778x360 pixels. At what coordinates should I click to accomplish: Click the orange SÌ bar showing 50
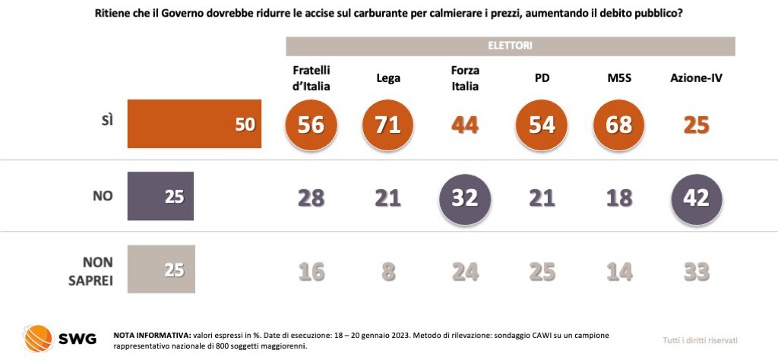click(x=194, y=124)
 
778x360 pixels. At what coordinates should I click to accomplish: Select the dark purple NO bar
click(x=161, y=197)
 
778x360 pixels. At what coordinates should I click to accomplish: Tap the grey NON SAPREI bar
click(x=161, y=269)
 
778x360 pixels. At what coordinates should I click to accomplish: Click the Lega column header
click(x=387, y=77)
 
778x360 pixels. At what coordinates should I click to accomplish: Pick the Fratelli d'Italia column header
click(x=311, y=77)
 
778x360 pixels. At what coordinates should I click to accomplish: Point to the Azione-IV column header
click(x=696, y=77)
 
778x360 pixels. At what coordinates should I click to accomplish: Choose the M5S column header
click(x=619, y=77)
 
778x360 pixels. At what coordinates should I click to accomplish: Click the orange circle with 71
click(x=387, y=125)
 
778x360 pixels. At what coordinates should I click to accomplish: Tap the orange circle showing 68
click(x=619, y=125)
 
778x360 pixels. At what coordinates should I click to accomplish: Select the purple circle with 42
click(x=696, y=197)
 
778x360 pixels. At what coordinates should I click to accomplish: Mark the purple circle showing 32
click(x=464, y=197)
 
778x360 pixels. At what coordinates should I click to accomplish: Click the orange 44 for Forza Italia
click(x=464, y=125)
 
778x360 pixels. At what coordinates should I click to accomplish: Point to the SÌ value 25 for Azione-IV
click(x=696, y=125)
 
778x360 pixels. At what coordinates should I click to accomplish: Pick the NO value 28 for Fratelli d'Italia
click(x=311, y=197)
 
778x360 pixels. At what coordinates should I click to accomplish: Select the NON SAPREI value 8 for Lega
click(x=387, y=271)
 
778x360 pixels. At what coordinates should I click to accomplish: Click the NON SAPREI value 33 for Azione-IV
click(x=696, y=271)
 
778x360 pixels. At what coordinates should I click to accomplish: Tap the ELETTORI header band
click(x=510, y=46)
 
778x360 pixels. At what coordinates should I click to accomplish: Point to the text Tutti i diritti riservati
click(x=700, y=340)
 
